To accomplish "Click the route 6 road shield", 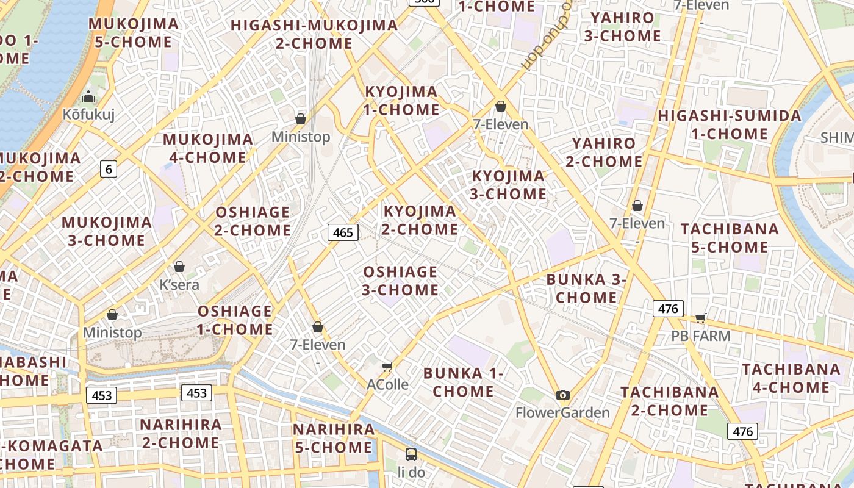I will pyautogui.click(x=109, y=169).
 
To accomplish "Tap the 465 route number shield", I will pyautogui.click(x=343, y=232).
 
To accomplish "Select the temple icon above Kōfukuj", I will pyautogui.click(x=88, y=96).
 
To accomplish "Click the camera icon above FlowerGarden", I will pyautogui.click(x=563, y=395).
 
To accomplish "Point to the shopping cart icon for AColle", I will pyautogui.click(x=387, y=367).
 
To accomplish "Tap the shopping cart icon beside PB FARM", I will pyautogui.click(x=701, y=318).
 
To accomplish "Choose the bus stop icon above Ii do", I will pyautogui.click(x=411, y=454).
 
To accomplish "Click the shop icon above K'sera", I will pyautogui.click(x=179, y=267).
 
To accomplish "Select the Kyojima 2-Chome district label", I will pyautogui.click(x=420, y=220).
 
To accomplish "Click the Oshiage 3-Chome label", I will pyautogui.click(x=400, y=281).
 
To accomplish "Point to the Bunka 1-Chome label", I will pyautogui.click(x=464, y=382).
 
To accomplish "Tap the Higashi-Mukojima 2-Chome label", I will pyautogui.click(x=314, y=34).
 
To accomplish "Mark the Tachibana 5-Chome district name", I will pyautogui.click(x=730, y=238).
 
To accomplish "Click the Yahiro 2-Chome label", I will pyautogui.click(x=604, y=152).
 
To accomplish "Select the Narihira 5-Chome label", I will pyautogui.click(x=333, y=438).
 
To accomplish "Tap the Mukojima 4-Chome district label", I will pyautogui.click(x=208, y=148).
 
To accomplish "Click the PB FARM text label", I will pyautogui.click(x=701, y=336).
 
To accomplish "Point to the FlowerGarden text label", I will pyautogui.click(x=562, y=413).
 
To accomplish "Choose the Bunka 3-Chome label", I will pyautogui.click(x=586, y=289).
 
